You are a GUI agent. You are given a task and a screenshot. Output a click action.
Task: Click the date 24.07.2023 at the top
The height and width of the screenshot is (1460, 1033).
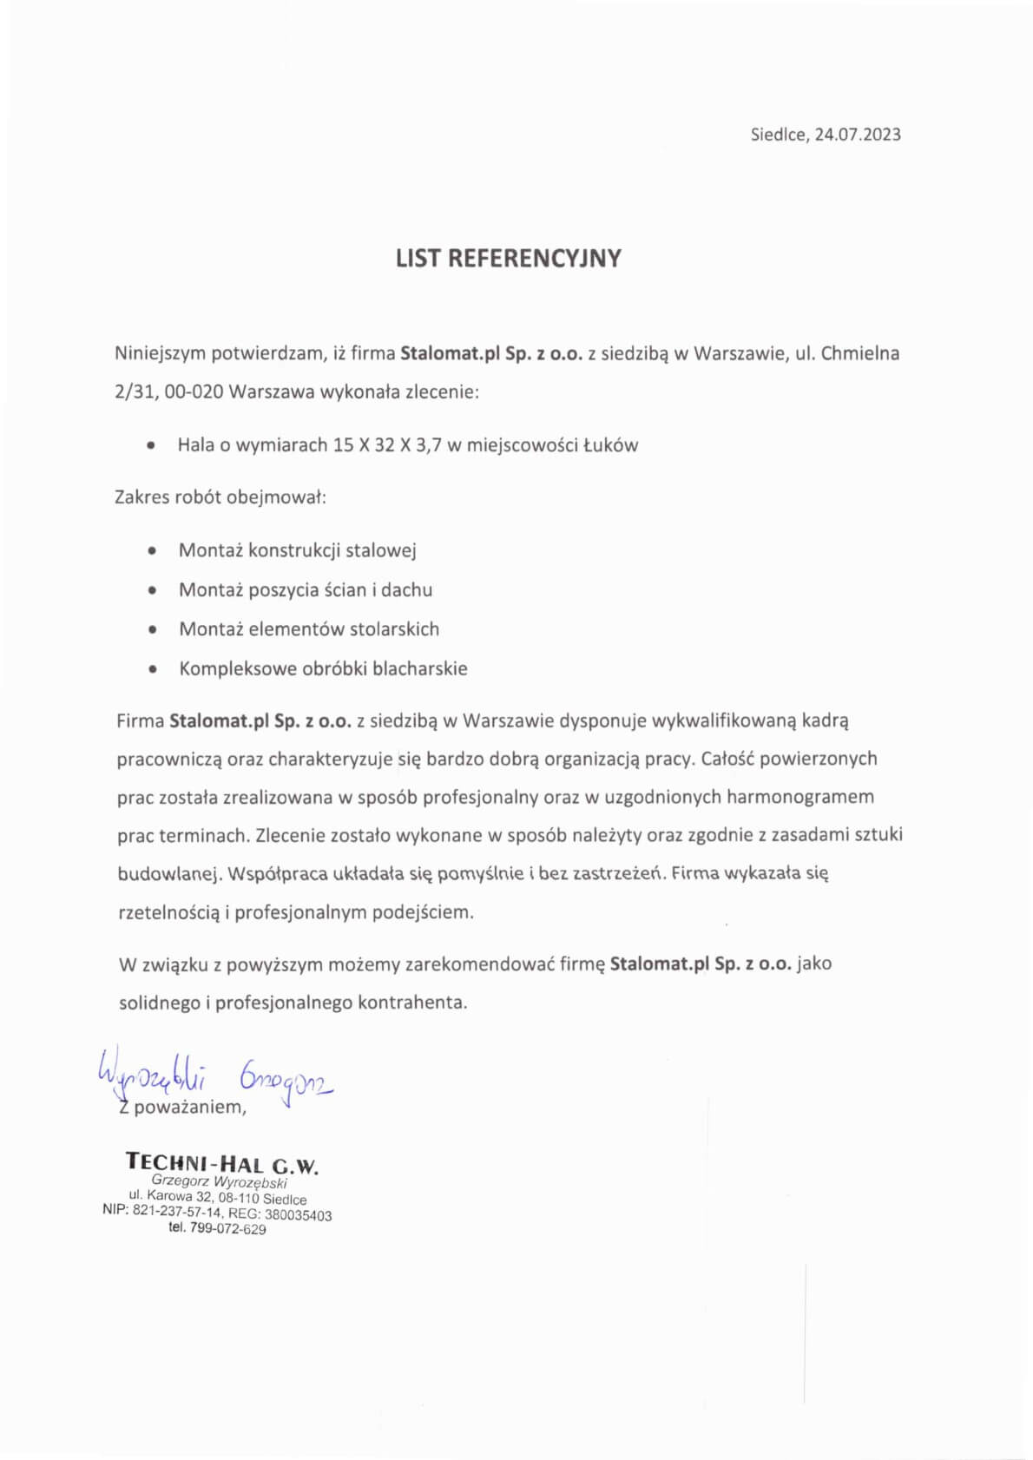coord(857,135)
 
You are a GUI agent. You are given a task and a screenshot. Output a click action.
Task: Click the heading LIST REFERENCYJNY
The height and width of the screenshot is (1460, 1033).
coord(508,259)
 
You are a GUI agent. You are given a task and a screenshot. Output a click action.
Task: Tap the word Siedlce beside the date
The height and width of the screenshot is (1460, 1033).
coord(779,135)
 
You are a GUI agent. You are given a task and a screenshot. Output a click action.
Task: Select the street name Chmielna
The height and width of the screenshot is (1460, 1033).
coord(859,353)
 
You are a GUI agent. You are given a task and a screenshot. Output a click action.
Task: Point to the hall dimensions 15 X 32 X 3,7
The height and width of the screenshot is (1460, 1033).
coord(387,445)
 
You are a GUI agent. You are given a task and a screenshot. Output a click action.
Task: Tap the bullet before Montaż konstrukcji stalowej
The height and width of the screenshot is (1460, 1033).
coord(153,550)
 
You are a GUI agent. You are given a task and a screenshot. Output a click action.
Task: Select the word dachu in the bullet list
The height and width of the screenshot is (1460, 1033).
coord(406,590)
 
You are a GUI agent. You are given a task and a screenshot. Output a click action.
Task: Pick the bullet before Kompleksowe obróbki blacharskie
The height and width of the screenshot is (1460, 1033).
coord(153,669)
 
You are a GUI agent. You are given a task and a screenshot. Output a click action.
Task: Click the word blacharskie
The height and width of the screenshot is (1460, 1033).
coord(419,668)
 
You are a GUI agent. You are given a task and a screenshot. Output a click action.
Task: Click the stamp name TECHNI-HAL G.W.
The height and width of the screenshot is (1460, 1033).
coord(222,1163)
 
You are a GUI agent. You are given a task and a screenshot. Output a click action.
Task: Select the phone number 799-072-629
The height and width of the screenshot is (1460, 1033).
coord(228,1229)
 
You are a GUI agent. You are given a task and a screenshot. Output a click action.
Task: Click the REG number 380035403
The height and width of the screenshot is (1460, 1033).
coord(298,1215)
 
